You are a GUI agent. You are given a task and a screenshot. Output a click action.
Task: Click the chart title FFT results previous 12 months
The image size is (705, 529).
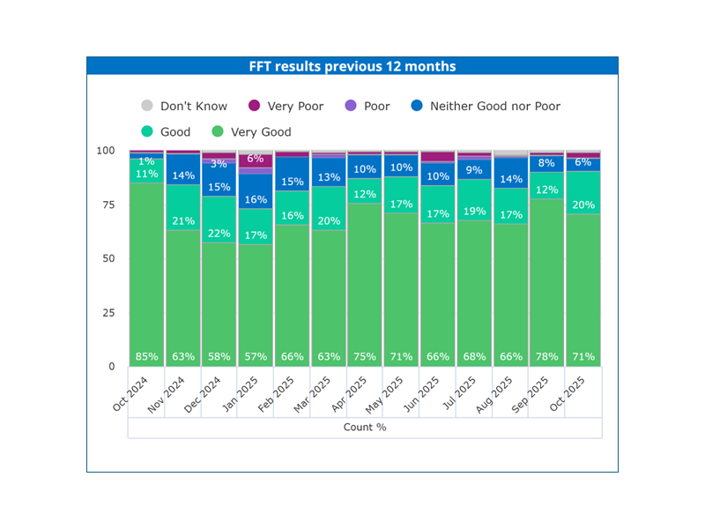click(x=352, y=66)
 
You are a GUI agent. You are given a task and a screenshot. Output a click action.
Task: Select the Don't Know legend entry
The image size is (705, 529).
click(x=193, y=106)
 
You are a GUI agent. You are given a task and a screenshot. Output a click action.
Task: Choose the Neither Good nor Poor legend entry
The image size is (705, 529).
click(x=494, y=106)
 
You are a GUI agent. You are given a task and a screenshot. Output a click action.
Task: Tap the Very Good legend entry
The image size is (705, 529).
click(x=261, y=132)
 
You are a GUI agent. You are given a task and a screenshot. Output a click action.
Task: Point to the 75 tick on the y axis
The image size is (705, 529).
click(x=107, y=205)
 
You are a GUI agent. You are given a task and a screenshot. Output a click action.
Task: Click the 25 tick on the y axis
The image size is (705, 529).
click(x=107, y=313)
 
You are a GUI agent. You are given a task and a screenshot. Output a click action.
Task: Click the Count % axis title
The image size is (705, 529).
click(x=365, y=428)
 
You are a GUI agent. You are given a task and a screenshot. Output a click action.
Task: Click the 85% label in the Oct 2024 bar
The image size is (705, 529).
click(x=146, y=357)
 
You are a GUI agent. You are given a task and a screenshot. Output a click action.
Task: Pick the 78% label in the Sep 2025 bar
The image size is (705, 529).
click(x=545, y=357)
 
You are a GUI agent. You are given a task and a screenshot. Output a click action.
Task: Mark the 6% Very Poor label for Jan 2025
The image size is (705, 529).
click(x=256, y=160)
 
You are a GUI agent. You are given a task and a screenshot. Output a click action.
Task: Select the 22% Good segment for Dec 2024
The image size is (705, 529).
click(x=219, y=234)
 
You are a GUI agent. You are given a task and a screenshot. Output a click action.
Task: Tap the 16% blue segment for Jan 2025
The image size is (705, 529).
click(x=256, y=200)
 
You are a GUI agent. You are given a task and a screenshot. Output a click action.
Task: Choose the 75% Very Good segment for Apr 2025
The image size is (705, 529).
click(x=365, y=357)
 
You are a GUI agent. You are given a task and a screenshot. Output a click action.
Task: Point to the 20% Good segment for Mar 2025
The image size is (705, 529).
click(x=328, y=221)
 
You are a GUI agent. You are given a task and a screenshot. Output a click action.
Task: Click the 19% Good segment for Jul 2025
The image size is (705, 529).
click(x=473, y=212)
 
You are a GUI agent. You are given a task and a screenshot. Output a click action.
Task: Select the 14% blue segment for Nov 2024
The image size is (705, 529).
click(x=183, y=176)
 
